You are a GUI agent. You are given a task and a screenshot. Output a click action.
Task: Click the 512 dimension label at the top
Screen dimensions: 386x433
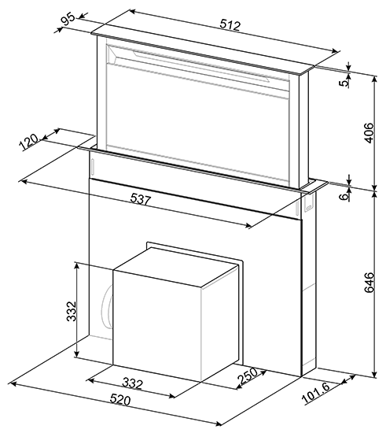tap(230, 25)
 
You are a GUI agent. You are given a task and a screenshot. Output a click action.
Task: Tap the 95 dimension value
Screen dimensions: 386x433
tap(68, 20)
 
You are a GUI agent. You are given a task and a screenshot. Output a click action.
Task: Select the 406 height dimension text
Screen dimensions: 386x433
tap(369, 133)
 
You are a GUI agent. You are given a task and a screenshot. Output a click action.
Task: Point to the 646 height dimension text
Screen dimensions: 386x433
tap(369, 282)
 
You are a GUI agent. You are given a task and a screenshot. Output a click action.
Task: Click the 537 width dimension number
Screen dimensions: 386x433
tap(141, 199)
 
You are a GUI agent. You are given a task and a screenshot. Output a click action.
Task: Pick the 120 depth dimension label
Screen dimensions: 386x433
tap(28, 142)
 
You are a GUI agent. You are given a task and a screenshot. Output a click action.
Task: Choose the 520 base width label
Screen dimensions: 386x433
tap(120, 400)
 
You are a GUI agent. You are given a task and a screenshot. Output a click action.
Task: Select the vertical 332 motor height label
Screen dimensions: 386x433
tap(72, 311)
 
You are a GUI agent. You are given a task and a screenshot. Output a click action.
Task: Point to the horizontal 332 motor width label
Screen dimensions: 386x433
tap(133, 383)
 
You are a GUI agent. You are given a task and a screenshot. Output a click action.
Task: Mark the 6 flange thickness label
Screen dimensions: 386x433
tap(344, 197)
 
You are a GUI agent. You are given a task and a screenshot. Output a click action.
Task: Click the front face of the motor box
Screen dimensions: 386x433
tap(156, 326)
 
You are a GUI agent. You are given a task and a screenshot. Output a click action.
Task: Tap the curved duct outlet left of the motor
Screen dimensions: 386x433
tap(107, 306)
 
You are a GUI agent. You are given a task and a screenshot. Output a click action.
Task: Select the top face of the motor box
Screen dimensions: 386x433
tap(176, 267)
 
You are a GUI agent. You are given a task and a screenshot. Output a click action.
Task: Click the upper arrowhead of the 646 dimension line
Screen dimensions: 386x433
tap(374, 194)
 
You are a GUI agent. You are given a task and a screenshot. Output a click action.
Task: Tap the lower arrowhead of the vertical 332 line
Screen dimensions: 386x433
tap(77, 354)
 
